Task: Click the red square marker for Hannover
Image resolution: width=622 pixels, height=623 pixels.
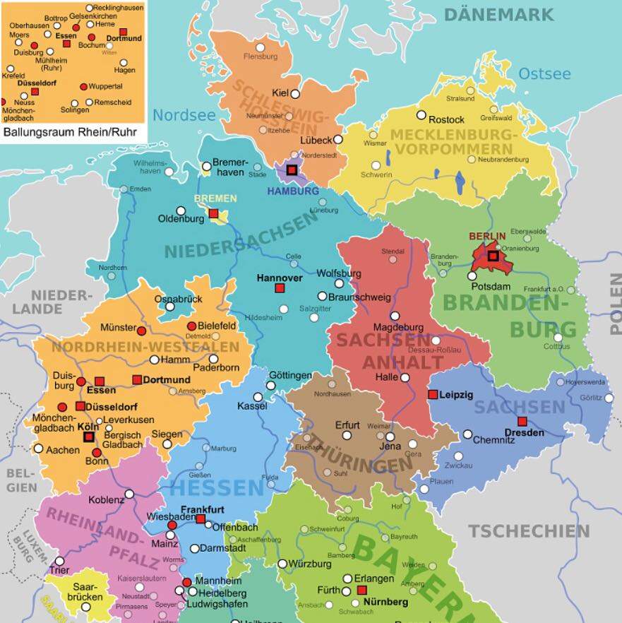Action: (280, 288)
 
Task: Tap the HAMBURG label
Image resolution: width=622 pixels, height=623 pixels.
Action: (292, 191)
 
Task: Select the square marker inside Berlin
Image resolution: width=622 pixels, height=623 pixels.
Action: (493, 256)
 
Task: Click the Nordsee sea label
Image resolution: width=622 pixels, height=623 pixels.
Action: (184, 115)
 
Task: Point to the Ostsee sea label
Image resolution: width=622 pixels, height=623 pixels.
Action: (544, 73)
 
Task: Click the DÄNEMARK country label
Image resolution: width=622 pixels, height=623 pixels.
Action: (498, 14)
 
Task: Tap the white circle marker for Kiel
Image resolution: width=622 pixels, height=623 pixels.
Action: (295, 93)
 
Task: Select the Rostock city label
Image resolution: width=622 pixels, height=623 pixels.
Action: (446, 119)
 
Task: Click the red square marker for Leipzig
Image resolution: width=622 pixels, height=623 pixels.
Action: (433, 394)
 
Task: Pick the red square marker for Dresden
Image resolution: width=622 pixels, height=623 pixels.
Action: (522, 421)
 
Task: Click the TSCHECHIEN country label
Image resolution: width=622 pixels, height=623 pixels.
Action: (530, 531)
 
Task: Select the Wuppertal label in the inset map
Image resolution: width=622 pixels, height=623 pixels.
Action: (106, 86)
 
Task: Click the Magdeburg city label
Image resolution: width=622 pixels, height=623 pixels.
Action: (398, 327)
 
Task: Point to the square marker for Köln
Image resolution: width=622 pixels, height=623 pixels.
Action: (89, 437)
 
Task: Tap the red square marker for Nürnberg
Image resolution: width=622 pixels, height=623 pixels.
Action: (362, 590)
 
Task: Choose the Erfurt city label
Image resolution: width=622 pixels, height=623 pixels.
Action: (347, 425)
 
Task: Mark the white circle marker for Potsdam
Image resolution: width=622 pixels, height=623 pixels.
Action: (472, 275)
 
